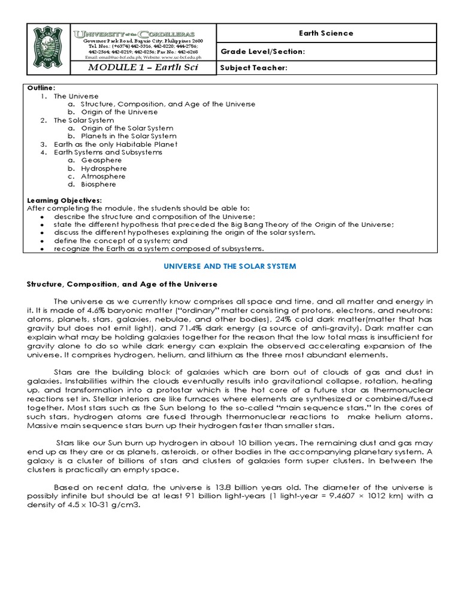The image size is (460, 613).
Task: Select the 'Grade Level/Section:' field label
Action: coord(263,52)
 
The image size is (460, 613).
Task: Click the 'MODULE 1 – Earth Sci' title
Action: coord(143,68)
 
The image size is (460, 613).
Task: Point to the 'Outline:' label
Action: coord(41,87)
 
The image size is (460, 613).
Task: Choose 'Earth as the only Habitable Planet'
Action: coord(116,144)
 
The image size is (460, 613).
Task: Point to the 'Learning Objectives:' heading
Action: coord(65,201)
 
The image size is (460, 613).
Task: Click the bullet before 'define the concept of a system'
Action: coord(40,241)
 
